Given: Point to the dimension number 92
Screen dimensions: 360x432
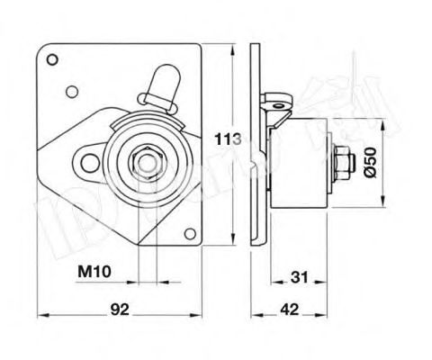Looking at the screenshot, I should [x=121, y=309].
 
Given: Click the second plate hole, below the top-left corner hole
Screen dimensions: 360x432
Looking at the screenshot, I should [x=70, y=90].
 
